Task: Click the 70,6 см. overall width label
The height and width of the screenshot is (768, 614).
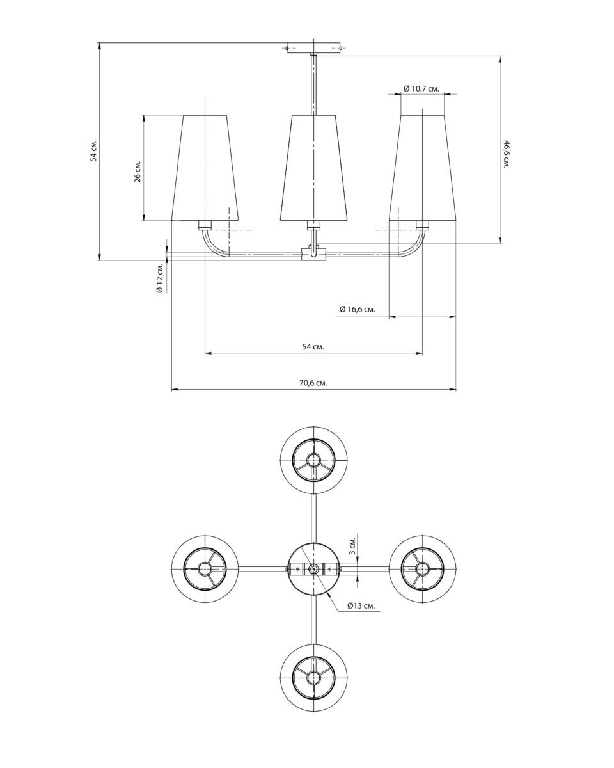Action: pyautogui.click(x=313, y=383)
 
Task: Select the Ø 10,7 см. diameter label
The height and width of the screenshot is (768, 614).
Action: pyautogui.click(x=421, y=88)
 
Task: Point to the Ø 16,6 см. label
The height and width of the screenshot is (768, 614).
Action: pyautogui.click(x=357, y=310)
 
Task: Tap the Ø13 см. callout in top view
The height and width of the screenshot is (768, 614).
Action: pyautogui.click(x=361, y=605)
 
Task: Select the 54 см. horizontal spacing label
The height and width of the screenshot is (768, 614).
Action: pyautogui.click(x=313, y=346)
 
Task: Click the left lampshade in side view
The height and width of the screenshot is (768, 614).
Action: pyautogui.click(x=205, y=168)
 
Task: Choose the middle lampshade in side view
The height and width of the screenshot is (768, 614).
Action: pyautogui.click(x=313, y=168)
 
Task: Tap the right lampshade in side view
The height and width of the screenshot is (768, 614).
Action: pyautogui.click(x=423, y=168)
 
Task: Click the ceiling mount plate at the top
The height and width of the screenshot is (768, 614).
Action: pyautogui.click(x=313, y=48)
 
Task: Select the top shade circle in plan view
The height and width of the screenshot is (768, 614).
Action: pyautogui.click(x=313, y=460)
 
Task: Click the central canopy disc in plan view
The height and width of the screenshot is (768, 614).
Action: pyautogui.click(x=313, y=568)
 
